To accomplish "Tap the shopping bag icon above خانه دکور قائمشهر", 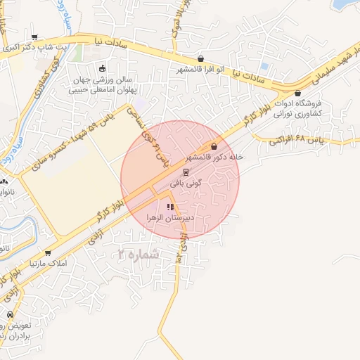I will (x=214, y=146).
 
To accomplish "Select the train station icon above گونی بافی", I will (x=186, y=171).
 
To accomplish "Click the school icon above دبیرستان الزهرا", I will (x=169, y=207).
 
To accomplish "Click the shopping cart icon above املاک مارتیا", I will (x=48, y=252).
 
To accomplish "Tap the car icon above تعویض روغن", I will (x=10, y=314).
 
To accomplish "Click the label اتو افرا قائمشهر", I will (x=200, y=70).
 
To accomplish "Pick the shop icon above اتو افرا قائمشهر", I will (x=201, y=58).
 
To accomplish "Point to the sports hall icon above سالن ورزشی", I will (x=103, y=69).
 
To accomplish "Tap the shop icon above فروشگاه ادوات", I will (x=297, y=92).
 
